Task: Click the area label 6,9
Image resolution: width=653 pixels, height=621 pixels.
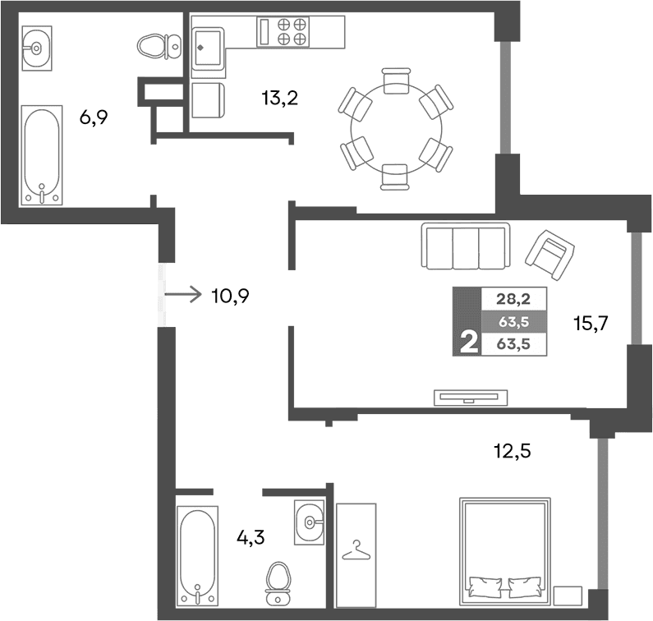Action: pyautogui.click(x=94, y=117)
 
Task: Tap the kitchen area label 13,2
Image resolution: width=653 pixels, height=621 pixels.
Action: pyautogui.click(x=279, y=99)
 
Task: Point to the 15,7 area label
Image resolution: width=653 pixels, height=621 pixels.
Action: pyautogui.click(x=589, y=323)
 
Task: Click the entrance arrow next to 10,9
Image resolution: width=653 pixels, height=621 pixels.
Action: pyautogui.click(x=182, y=292)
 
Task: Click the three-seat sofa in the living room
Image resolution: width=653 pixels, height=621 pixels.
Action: pyautogui.click(x=464, y=245)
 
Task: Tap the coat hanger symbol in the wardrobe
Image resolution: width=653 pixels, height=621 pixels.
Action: pyautogui.click(x=356, y=550)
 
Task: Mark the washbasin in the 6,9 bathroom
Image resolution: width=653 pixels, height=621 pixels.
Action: pyautogui.click(x=36, y=48)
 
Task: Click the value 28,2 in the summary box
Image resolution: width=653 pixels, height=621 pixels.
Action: pyautogui.click(x=513, y=299)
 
